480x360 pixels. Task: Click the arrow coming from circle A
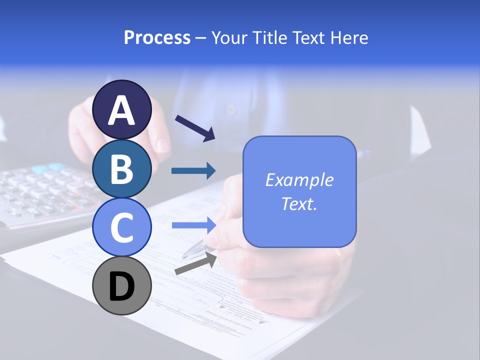coord(194,127)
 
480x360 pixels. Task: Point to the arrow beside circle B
coord(193,171)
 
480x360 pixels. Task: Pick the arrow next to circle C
coord(193,225)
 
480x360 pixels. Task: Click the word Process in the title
coord(157,37)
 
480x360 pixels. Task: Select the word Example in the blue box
coord(299,180)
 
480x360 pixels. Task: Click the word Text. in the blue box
coord(299,203)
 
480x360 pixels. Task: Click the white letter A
coord(122,110)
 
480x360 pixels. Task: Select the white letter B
coord(122,169)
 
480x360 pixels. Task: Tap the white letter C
coord(122,227)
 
